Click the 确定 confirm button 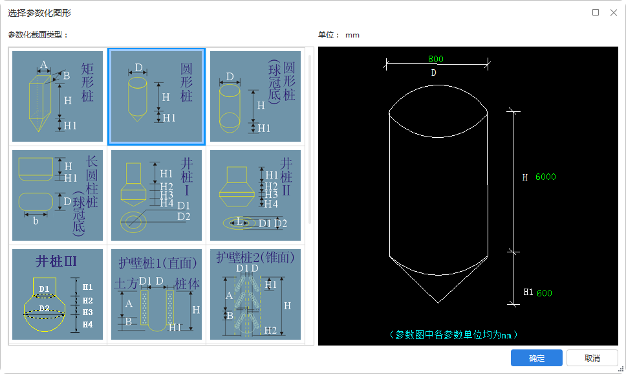(536, 358)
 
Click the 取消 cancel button (592, 358)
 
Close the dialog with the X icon (614, 13)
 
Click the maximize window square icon (595, 12)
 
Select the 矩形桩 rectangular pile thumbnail (58, 96)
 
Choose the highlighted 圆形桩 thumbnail (156, 96)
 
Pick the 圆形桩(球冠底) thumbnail (255, 96)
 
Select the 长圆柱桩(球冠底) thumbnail (58, 195)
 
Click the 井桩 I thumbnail (156, 195)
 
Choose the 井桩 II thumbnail (255, 195)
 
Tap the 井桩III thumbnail (58, 294)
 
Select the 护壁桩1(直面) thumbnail (156, 294)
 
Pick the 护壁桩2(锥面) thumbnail (255, 294)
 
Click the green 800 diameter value (436, 59)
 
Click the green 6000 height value (546, 177)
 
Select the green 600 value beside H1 (545, 293)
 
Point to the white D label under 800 (433, 72)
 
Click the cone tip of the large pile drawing (438, 303)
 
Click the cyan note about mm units (453, 335)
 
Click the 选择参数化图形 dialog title (39, 13)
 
